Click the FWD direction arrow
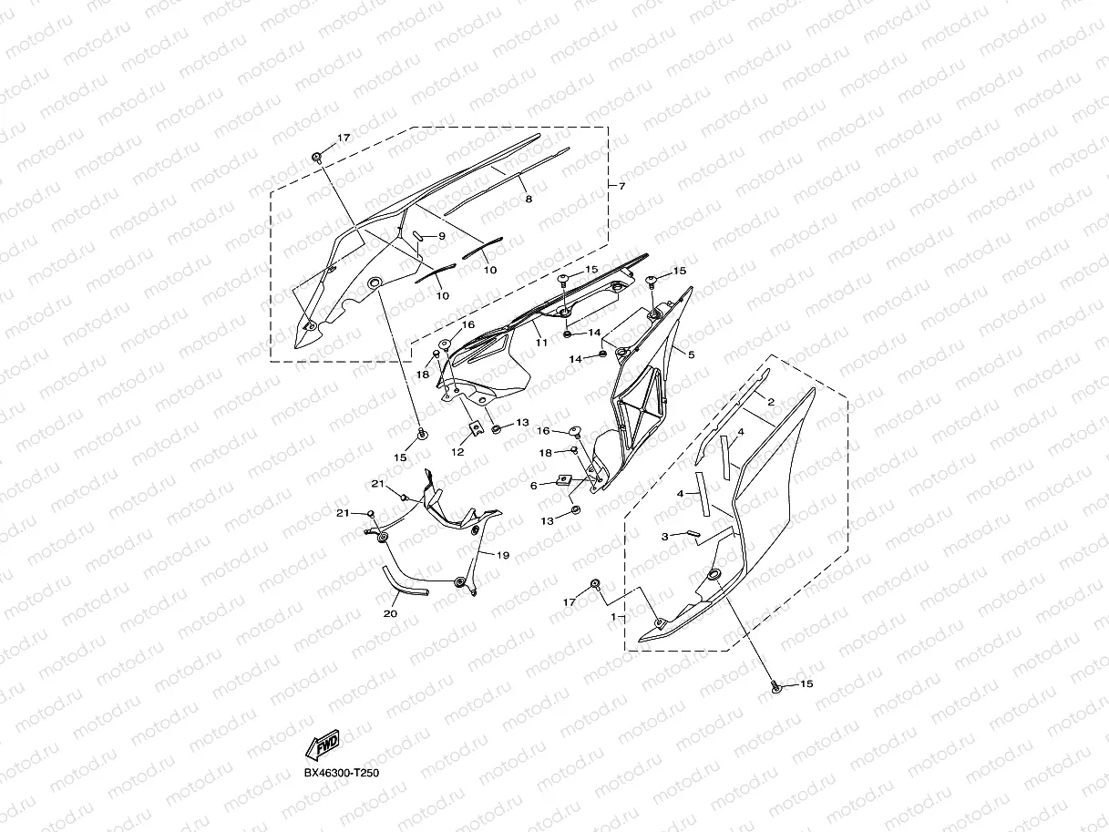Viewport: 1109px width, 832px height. coord(323,746)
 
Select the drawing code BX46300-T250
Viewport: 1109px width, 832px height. coord(341,774)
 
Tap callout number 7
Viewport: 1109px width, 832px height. coord(622,187)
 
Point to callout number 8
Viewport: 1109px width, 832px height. coord(528,199)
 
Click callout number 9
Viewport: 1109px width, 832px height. coord(441,236)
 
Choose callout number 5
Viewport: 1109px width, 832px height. coord(691,354)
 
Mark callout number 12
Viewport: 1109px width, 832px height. coord(457,451)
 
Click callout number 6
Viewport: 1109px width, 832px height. coord(534,486)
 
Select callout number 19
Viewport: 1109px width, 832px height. coord(503,554)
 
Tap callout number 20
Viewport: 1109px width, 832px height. coord(390,614)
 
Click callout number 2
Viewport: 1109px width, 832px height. coord(771,402)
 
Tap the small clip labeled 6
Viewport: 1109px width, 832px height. coord(565,479)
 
